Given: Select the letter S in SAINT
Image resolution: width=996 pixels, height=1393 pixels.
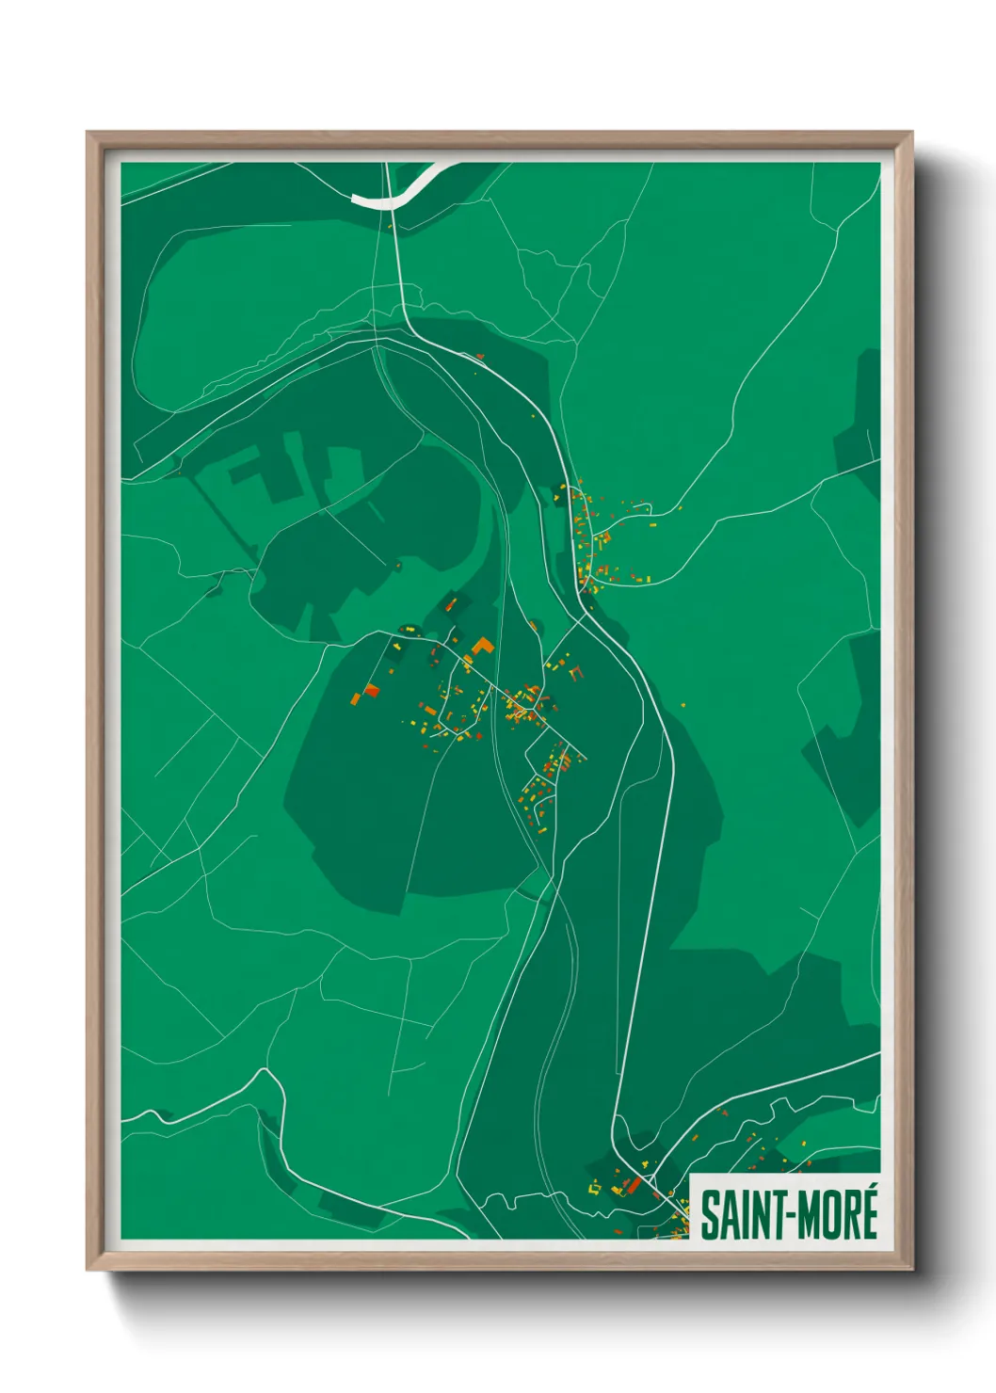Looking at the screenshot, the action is coord(709,1215).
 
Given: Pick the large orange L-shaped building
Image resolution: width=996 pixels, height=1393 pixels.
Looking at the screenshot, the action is coord(482,648).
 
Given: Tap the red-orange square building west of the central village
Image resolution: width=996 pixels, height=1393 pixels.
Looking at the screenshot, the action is coord(371,692).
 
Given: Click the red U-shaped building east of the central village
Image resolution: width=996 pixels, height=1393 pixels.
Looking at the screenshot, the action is coord(575,671).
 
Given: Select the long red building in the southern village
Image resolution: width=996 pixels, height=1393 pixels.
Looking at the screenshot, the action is coord(635,1183).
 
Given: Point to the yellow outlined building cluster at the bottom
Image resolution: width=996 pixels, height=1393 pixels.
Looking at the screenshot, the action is coord(595,1188).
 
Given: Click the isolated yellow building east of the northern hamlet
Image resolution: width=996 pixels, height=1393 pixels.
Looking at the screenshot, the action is coord(678,509).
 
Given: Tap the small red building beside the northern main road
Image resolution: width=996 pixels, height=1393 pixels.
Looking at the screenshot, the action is coord(480,356).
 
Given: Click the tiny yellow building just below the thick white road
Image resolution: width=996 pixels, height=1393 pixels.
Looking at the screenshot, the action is coord(390,226).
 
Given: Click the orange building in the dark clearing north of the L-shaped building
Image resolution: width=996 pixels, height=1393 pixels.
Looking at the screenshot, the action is coord(452,604).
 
